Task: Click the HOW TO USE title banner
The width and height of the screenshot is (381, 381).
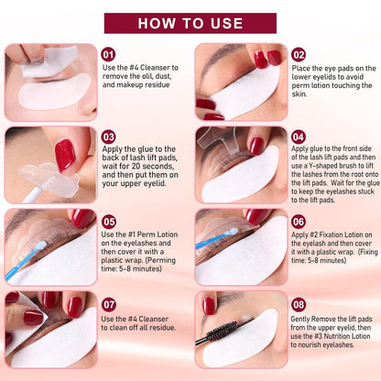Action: pyautogui.click(x=190, y=22)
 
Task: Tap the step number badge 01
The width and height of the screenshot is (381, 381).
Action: pyautogui.click(x=109, y=55)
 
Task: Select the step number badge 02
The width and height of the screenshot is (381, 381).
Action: pyautogui.click(x=299, y=55)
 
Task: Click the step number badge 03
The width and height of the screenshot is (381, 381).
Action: pyautogui.click(x=109, y=136)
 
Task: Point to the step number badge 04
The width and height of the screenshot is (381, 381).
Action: pyautogui.click(x=299, y=136)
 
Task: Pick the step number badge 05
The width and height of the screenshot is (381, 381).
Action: pyautogui.click(x=109, y=221)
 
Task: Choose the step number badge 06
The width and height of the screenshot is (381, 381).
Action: pyautogui.click(x=299, y=221)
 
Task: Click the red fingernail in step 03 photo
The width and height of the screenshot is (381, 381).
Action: pyautogui.click(x=64, y=156)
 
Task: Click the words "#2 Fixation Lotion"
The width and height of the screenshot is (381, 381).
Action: pyautogui.click(x=335, y=235)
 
